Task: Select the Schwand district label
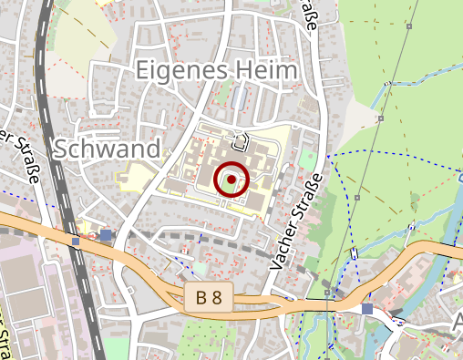click(x=107, y=149)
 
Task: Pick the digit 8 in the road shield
click(x=218, y=297)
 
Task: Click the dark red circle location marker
click(x=231, y=180)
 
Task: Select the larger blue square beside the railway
click(x=107, y=235)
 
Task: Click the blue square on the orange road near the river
click(x=366, y=310)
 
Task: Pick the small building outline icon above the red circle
click(x=241, y=141)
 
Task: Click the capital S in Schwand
click(x=63, y=149)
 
